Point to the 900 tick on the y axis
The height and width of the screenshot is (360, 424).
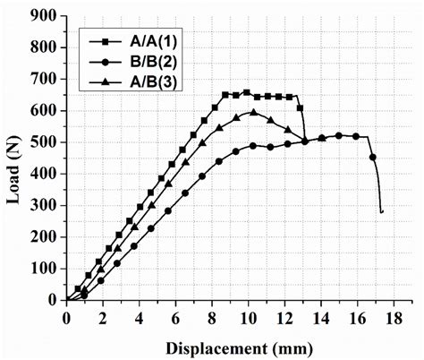click(x=47, y=16)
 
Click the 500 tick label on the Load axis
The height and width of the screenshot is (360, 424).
click(x=47, y=142)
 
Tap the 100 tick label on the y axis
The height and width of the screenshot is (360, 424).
click(x=47, y=269)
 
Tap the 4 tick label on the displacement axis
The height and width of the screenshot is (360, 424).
click(x=139, y=318)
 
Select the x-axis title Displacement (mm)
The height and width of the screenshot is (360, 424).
click(x=240, y=346)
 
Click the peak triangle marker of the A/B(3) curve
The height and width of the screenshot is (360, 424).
click(x=253, y=112)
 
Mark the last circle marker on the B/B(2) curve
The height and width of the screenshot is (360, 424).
click(x=373, y=157)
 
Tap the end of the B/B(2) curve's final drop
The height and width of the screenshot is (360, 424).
click(x=382, y=212)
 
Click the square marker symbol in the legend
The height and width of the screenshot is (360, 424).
click(x=104, y=41)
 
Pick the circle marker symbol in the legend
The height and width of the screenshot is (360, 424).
click(x=104, y=62)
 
